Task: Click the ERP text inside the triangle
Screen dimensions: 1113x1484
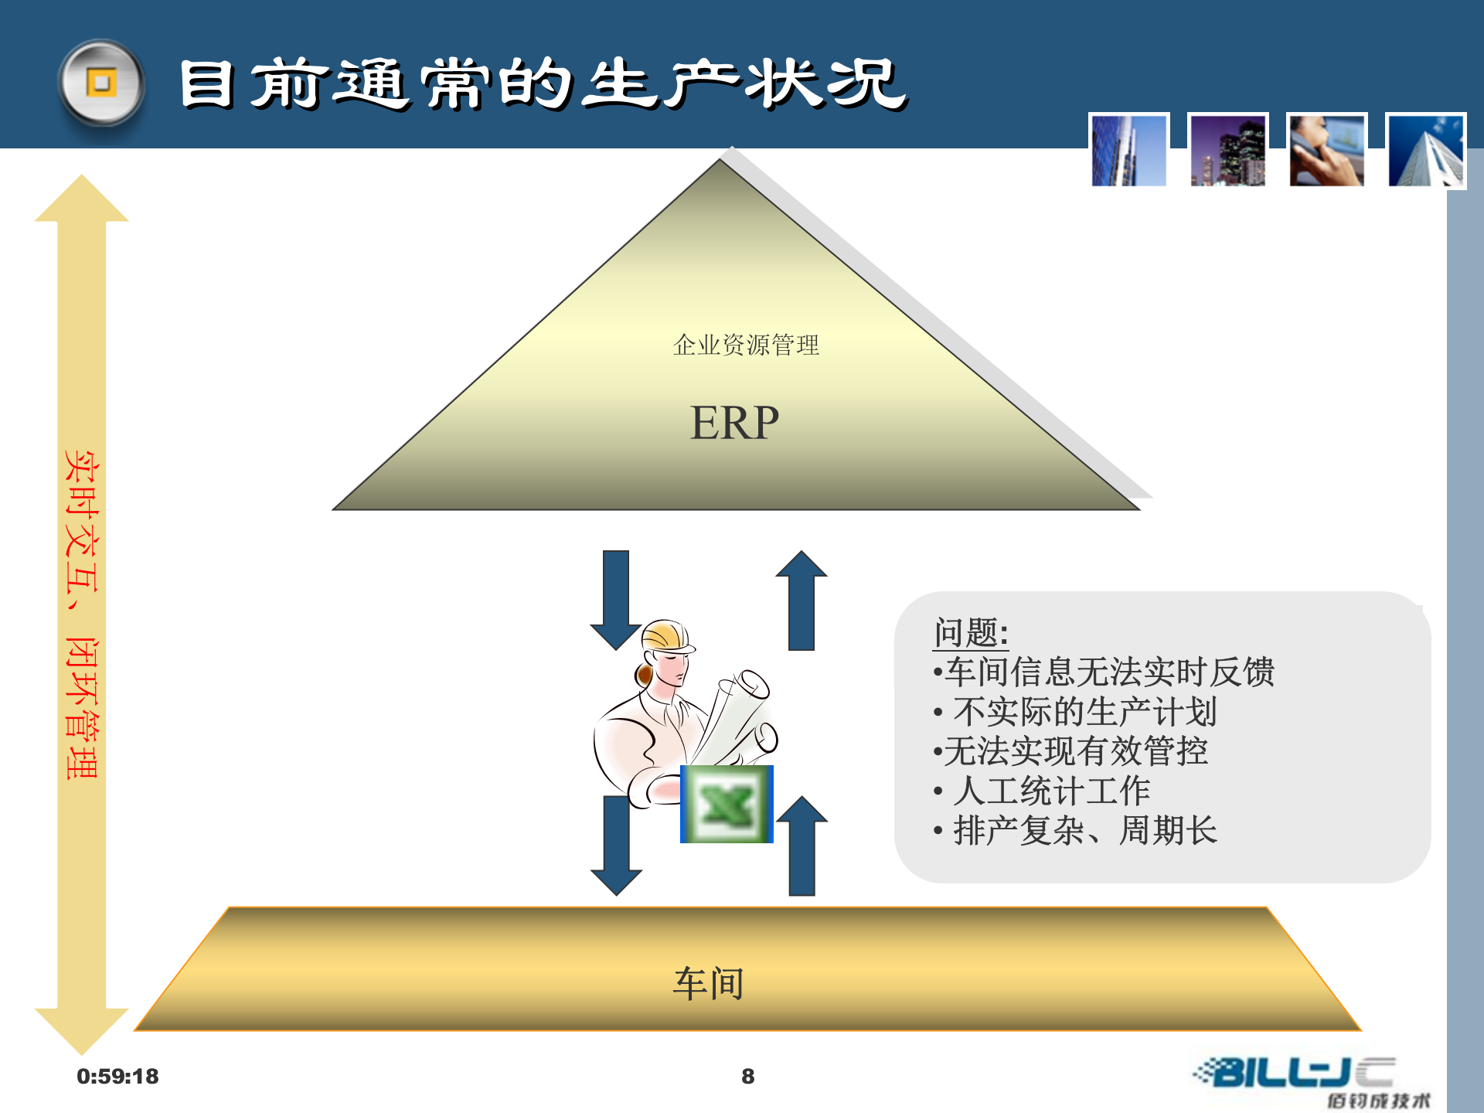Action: coord(733,423)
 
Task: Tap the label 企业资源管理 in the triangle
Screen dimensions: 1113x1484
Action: coord(745,345)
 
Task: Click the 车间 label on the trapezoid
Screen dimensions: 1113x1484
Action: coord(708,984)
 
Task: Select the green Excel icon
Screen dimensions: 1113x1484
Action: coord(727,804)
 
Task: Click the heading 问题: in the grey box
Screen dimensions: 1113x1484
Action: coord(970,633)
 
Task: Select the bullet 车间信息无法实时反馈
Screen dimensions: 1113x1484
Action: coord(1104,672)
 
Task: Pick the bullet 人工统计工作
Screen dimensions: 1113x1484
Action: coord(1043,791)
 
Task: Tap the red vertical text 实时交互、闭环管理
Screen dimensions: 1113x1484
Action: coord(81,614)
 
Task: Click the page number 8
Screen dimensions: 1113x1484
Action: coord(747,1076)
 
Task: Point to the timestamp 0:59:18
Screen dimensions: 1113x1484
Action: coord(117,1076)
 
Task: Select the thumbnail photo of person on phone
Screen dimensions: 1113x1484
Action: coord(1326,150)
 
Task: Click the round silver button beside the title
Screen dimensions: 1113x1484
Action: coord(101,83)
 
